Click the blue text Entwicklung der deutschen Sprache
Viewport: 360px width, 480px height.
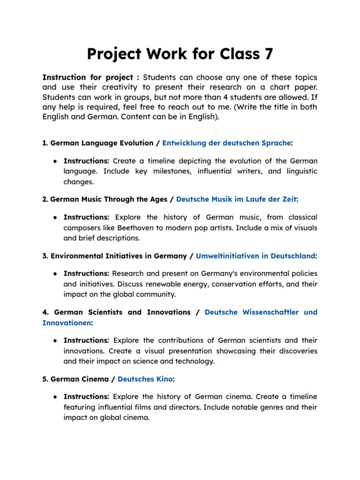click(226, 143)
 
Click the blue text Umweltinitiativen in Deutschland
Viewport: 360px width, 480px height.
click(255, 256)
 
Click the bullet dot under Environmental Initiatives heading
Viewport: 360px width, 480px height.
click(55, 273)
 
